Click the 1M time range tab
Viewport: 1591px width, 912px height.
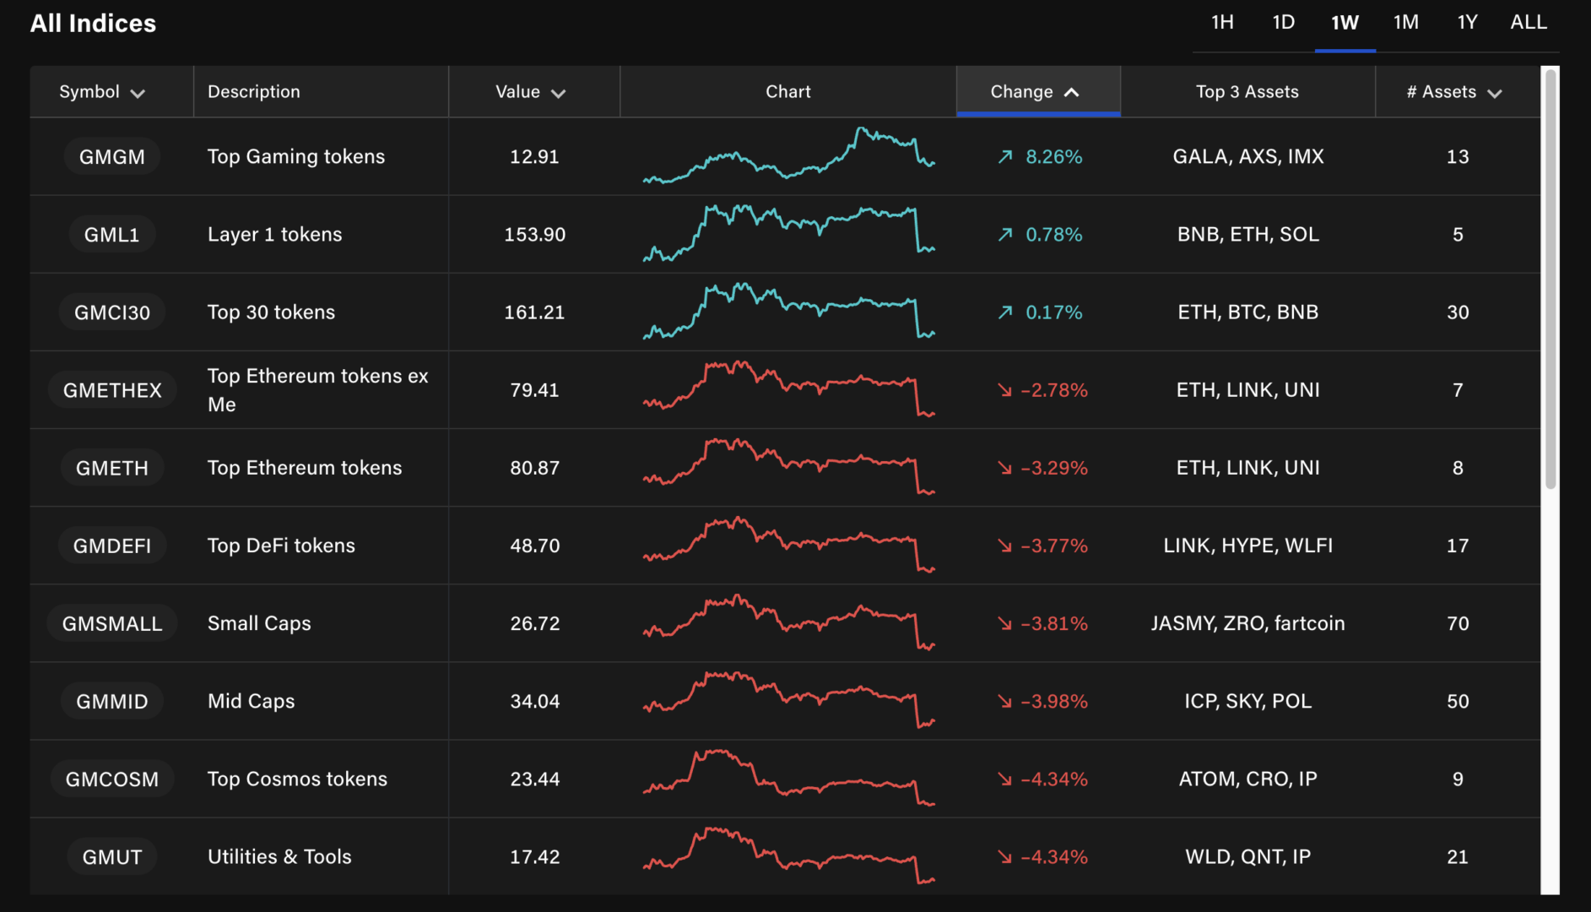pos(1405,23)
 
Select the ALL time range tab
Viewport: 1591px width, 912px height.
pos(1528,23)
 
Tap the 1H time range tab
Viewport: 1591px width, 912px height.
pos(1222,23)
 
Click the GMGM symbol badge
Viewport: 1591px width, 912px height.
pos(112,157)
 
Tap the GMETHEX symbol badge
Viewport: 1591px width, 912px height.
pos(112,390)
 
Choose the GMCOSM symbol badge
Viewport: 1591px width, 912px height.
pos(112,779)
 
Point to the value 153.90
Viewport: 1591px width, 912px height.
pos(534,235)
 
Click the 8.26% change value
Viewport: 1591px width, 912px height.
pos(1053,157)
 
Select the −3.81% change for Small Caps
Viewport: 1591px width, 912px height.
pos(1053,624)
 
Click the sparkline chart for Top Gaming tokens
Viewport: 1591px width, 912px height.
pos(788,156)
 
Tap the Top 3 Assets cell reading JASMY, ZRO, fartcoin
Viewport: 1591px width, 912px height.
pos(1247,624)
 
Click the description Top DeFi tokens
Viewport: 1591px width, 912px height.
pos(281,546)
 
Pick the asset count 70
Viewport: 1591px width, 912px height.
pos(1458,624)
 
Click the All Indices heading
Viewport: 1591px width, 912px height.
pos(93,24)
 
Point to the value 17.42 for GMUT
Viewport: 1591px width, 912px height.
pos(534,857)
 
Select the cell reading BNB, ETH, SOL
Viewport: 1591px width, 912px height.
pos(1247,235)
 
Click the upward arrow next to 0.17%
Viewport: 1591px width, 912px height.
pos(1004,312)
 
